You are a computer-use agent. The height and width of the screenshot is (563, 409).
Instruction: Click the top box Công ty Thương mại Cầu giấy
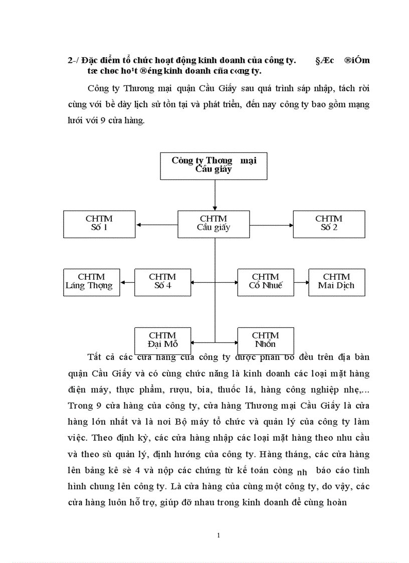214,165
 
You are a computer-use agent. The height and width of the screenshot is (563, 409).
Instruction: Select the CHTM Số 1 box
99,224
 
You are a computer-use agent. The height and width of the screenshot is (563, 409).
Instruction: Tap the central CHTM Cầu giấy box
214,224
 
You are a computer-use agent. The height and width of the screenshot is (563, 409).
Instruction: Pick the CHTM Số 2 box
329,224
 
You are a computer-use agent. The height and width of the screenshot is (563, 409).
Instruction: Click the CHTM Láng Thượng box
92,282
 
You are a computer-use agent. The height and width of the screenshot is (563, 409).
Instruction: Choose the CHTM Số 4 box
162,282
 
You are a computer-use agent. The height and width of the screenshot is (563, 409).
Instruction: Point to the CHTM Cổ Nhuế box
266,282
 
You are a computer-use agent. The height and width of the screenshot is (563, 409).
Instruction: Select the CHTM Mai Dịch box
336,282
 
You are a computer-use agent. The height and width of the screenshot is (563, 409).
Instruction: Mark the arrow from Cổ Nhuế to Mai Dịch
301,283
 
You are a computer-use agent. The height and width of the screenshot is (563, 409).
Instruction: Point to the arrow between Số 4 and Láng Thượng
127,283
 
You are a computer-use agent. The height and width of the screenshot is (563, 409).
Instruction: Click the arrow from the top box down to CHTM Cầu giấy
215,195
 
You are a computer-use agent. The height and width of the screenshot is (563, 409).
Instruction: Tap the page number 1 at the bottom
219,535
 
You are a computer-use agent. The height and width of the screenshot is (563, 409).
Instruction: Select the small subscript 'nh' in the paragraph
301,472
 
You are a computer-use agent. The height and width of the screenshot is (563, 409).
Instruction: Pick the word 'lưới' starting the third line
77,120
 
